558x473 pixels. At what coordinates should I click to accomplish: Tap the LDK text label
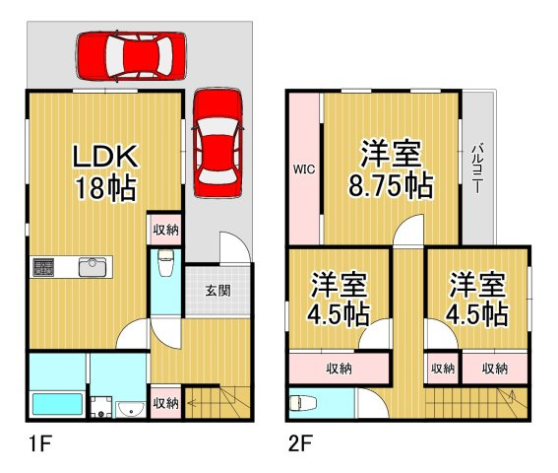pos(107,158)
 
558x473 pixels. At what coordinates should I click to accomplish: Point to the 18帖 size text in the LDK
pos(106,189)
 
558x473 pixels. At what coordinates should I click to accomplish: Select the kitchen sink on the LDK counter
pos(93,265)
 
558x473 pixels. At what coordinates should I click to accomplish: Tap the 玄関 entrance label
pos(218,291)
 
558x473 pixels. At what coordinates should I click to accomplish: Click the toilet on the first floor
pos(164,264)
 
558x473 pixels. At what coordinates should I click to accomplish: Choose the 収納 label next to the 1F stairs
pos(165,404)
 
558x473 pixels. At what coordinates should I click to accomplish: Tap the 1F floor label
pos(38,444)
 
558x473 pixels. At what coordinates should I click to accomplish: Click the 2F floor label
pos(300,444)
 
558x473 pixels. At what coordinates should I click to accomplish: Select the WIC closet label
pos(302,169)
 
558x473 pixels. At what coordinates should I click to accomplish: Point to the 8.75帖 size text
pos(391,185)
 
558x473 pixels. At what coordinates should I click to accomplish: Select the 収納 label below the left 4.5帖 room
pos(341,369)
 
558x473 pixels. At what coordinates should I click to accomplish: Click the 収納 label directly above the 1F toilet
pos(164,230)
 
